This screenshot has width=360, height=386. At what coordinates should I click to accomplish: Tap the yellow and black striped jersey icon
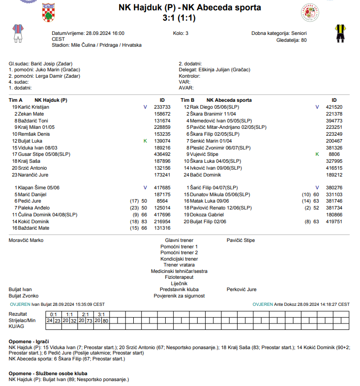(x=339, y=32)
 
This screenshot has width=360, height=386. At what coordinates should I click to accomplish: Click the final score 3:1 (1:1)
(x=180, y=18)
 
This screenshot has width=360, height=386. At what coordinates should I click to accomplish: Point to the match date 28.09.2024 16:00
(x=105, y=33)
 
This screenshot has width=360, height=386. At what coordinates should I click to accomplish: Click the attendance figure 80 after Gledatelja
(x=303, y=40)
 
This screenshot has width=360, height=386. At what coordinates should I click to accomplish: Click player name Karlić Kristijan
(x=34, y=107)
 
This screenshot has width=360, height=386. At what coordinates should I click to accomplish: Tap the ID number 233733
(x=162, y=107)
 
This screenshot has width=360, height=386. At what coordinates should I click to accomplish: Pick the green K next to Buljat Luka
(x=145, y=141)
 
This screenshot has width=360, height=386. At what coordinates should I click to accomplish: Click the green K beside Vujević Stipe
(x=317, y=154)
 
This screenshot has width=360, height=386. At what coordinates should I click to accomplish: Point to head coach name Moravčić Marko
(x=26, y=240)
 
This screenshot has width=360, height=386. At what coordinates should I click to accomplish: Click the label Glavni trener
(x=179, y=240)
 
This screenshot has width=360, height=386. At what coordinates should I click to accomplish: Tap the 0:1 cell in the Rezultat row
(x=54, y=314)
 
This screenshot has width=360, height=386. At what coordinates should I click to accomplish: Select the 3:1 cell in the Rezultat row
(x=102, y=314)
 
